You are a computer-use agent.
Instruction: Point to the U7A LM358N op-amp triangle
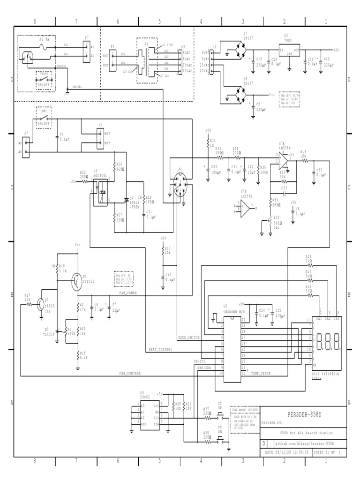[x=283, y=161]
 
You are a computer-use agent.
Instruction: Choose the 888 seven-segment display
[x=327, y=343]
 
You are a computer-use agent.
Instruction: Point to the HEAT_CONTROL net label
[x=160, y=349]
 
